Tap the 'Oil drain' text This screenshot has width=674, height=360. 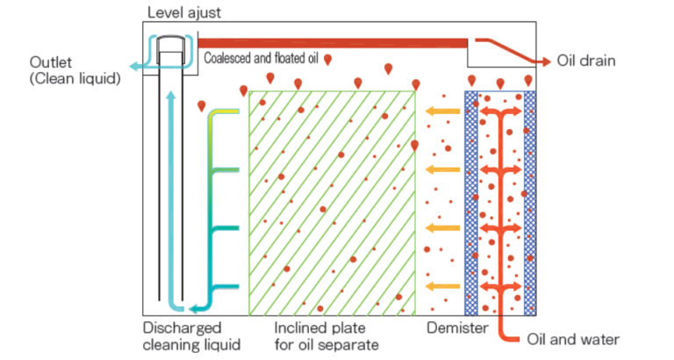(586, 61)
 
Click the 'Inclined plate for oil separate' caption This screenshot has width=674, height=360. (326, 336)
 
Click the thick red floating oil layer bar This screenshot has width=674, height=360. (333, 42)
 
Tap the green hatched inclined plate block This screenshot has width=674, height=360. (332, 202)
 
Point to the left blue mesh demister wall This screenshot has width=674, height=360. (471, 202)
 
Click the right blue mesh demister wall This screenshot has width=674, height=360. (530, 202)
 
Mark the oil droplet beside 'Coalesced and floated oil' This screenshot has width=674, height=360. (327, 60)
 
